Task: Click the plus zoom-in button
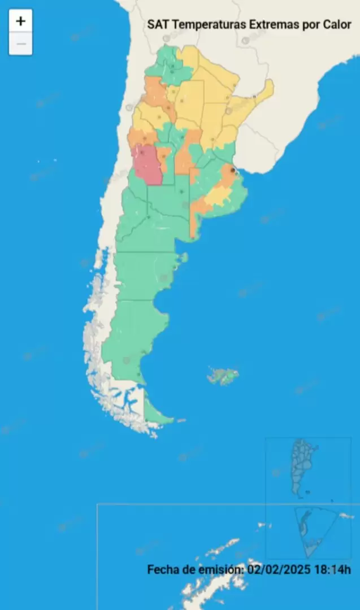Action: (x=20, y=21)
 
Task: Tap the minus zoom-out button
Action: (x=20, y=44)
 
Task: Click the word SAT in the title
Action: (x=158, y=25)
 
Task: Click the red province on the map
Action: (x=148, y=165)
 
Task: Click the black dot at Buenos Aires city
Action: (x=232, y=169)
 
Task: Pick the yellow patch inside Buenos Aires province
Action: (x=218, y=195)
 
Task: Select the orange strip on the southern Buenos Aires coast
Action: (x=195, y=220)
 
